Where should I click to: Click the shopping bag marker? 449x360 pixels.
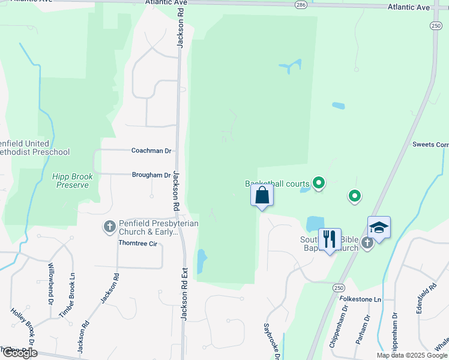[x=262, y=196]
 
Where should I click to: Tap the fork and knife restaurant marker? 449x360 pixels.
[x=330, y=239]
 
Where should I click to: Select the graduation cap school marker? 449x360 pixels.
[x=379, y=227]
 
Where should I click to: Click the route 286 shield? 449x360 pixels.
[x=301, y=4]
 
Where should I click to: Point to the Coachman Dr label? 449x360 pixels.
[x=152, y=151]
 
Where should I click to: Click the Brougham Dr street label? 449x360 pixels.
[x=151, y=175]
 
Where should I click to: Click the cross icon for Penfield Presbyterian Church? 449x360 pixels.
[x=109, y=226]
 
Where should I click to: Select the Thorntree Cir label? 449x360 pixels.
[x=137, y=244]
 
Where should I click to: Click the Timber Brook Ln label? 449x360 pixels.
[x=67, y=295]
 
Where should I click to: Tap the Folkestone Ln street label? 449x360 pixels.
[x=361, y=299]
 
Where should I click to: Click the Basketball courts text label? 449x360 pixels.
[x=277, y=184]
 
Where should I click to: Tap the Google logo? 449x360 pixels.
[x=19, y=353]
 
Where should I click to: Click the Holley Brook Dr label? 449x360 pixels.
[x=23, y=328]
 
